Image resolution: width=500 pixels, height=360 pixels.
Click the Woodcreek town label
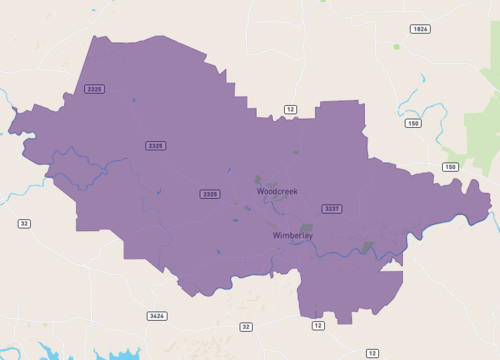click(277, 190)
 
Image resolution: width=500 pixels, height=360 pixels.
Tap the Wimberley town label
click(293, 235)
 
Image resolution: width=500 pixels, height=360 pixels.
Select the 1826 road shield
click(420, 29)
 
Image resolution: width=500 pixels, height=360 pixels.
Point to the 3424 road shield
click(156, 316)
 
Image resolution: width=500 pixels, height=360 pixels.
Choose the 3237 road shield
click(331, 208)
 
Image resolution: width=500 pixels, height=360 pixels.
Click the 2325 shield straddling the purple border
click(95, 89)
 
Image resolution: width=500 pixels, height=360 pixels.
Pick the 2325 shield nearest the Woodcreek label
click(209, 194)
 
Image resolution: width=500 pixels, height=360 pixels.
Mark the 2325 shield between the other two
click(155, 146)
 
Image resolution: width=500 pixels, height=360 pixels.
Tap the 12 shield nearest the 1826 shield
click(290, 108)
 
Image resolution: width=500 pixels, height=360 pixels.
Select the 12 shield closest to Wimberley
click(318, 326)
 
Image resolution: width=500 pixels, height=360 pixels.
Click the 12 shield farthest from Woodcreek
click(372, 353)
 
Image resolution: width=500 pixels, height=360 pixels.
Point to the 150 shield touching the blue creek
click(413, 123)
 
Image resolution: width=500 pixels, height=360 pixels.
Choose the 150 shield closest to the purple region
click(450, 167)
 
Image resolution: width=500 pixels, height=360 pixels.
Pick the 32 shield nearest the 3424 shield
click(246, 326)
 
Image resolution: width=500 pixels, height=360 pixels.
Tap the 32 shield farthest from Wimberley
click(24, 223)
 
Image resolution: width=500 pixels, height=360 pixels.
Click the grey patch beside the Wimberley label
click(307, 228)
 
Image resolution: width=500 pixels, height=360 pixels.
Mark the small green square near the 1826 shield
click(396, 46)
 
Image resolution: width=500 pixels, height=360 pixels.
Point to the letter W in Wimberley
click(277, 235)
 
